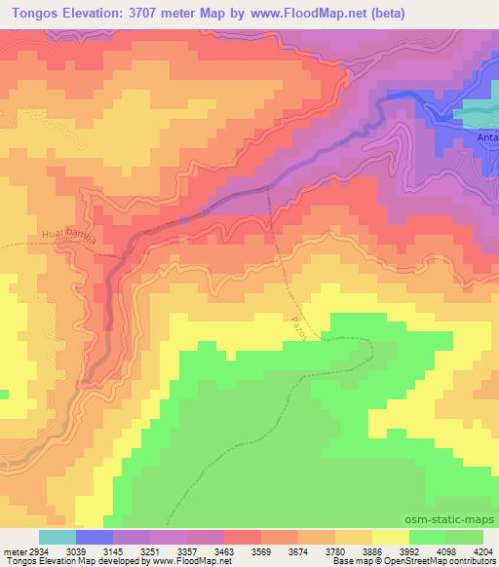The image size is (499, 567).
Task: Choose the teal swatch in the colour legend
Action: point(58,537)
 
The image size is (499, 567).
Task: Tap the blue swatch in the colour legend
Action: point(95,537)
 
